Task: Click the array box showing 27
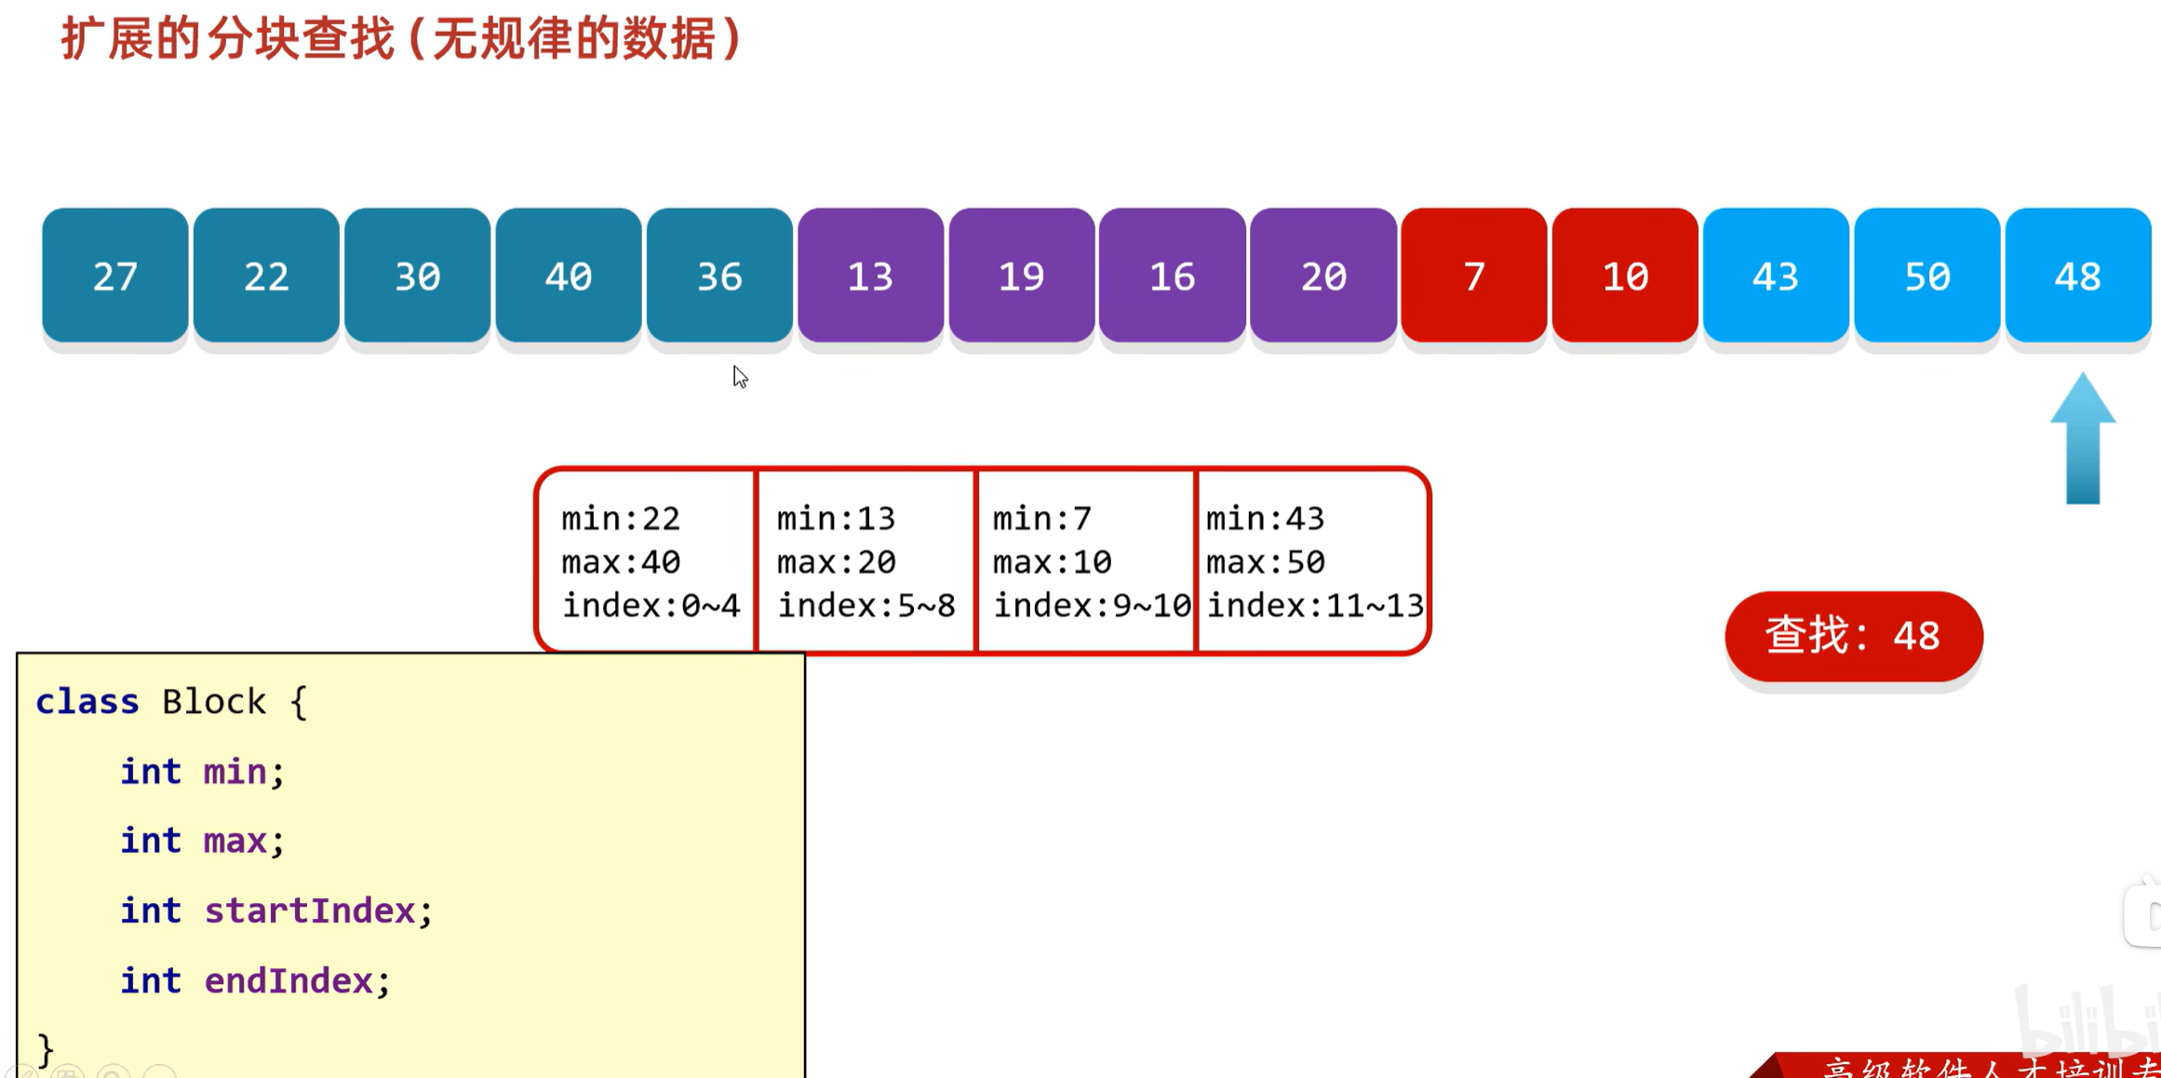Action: pyautogui.click(x=115, y=276)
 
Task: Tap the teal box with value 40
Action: pyautogui.click(x=568, y=276)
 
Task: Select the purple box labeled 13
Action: pyautogui.click(x=870, y=276)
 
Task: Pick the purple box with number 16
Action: pyautogui.click(x=1172, y=276)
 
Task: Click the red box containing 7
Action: pyautogui.click(x=1473, y=276)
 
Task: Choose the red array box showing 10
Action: pyautogui.click(x=1625, y=276)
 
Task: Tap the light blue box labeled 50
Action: pyautogui.click(x=1926, y=276)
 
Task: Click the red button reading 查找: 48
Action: pyautogui.click(x=1853, y=637)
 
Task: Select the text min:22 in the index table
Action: pyautogui.click(x=621, y=519)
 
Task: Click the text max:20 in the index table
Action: pyautogui.click(x=836, y=562)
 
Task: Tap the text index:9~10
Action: pyautogui.click(x=1092, y=606)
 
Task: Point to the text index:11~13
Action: pyautogui.click(x=1315, y=606)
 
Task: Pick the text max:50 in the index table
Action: pyautogui.click(x=1266, y=562)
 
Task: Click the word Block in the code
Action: pyautogui.click(x=214, y=702)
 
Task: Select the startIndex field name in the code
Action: pyautogui.click(x=310, y=910)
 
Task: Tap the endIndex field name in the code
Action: pyautogui.click(x=289, y=980)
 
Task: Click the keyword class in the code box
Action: pyautogui.click(x=87, y=702)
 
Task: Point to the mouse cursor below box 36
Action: pyautogui.click(x=740, y=376)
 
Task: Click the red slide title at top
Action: pyautogui.click(x=401, y=39)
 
